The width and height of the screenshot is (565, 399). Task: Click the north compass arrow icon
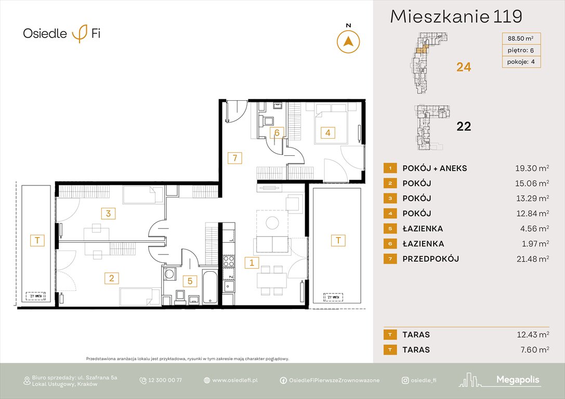(x=349, y=41)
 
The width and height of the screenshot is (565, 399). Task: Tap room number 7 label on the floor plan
(x=235, y=158)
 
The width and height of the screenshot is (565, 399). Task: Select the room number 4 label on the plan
(x=327, y=132)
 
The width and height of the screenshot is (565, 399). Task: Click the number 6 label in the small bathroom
(x=278, y=132)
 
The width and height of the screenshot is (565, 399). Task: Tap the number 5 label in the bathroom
(x=190, y=281)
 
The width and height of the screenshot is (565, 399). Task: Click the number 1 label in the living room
(x=252, y=262)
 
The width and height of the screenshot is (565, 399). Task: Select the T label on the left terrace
(x=37, y=240)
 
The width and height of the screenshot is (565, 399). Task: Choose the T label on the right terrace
(x=338, y=240)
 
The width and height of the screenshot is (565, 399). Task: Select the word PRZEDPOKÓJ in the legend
(x=430, y=259)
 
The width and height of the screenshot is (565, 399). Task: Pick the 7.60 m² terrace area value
(x=531, y=350)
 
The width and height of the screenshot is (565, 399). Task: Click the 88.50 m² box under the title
(x=520, y=37)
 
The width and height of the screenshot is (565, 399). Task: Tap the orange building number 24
(x=463, y=66)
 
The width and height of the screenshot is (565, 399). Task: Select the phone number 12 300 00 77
(x=165, y=380)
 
